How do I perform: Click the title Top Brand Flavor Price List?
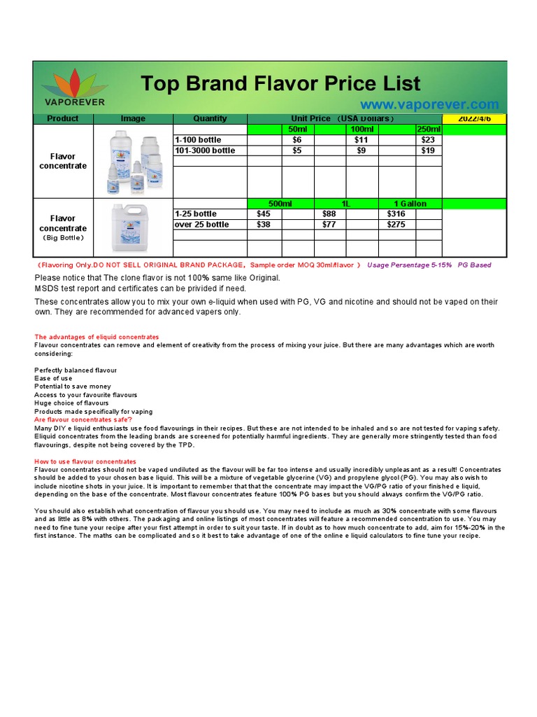click(280, 83)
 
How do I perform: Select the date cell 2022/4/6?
click(473, 119)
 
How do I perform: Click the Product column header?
click(63, 119)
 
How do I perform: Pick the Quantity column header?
click(210, 119)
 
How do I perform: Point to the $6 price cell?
click(297, 140)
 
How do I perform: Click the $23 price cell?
click(428, 140)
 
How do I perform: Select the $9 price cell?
click(361, 151)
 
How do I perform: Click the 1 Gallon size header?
click(410, 204)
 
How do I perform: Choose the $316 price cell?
click(396, 214)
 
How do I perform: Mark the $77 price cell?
click(329, 225)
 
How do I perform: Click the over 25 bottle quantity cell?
click(202, 225)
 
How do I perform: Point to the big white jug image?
click(132, 227)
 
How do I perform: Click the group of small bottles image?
click(132, 161)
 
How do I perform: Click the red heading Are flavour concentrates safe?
click(83, 420)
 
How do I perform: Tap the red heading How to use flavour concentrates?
click(85, 462)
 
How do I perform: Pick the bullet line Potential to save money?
click(73, 387)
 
